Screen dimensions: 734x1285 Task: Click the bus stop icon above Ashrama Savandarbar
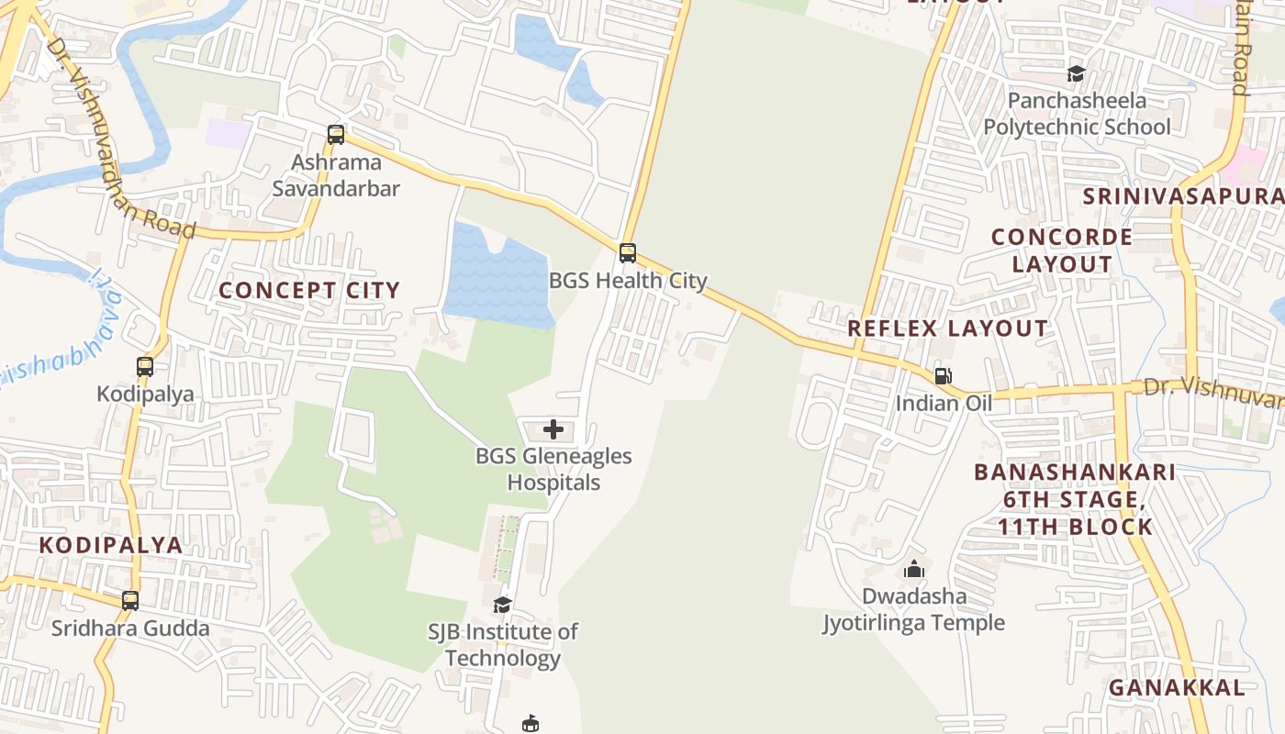tap(336, 135)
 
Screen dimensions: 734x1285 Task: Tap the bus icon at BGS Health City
tap(628, 252)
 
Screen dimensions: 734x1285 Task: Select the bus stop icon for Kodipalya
tap(145, 367)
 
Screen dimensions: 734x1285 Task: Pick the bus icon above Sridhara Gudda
tap(130, 601)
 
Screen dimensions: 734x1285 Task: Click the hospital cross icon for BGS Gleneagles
tap(553, 428)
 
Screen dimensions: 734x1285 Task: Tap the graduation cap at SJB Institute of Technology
tap(502, 605)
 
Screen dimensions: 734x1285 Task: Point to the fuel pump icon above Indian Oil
tap(943, 375)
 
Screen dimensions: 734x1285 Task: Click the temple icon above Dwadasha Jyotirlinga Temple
tap(913, 570)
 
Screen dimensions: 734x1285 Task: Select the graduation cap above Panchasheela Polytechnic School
tap(1076, 73)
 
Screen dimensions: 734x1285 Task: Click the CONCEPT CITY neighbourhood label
tap(309, 291)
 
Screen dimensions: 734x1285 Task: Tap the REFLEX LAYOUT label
tap(947, 328)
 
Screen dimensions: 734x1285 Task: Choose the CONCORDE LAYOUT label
tap(1062, 250)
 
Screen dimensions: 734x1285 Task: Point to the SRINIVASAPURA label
tap(1183, 196)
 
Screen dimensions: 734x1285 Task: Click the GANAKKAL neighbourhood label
tap(1177, 687)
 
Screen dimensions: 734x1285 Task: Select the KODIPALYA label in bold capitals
tap(111, 545)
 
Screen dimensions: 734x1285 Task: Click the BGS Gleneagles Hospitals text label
tap(553, 469)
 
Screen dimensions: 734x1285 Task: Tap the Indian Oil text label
tap(944, 403)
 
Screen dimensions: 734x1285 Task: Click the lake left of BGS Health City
tap(496, 275)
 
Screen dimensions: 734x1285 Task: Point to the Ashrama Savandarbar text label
tap(336, 176)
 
